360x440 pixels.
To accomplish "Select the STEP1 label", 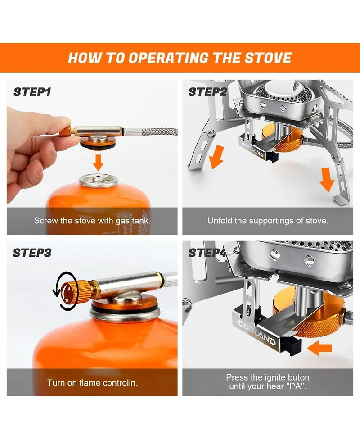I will tap(32, 92).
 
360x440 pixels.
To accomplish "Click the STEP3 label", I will tap(32, 253).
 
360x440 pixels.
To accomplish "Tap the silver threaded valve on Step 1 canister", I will tap(99, 180).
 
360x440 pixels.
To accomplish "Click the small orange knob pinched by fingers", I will tap(66, 132).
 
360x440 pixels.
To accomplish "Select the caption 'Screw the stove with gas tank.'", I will tap(92, 221).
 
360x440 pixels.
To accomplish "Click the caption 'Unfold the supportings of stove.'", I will tap(268, 221).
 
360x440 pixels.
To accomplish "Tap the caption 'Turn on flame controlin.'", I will tap(92, 383).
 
